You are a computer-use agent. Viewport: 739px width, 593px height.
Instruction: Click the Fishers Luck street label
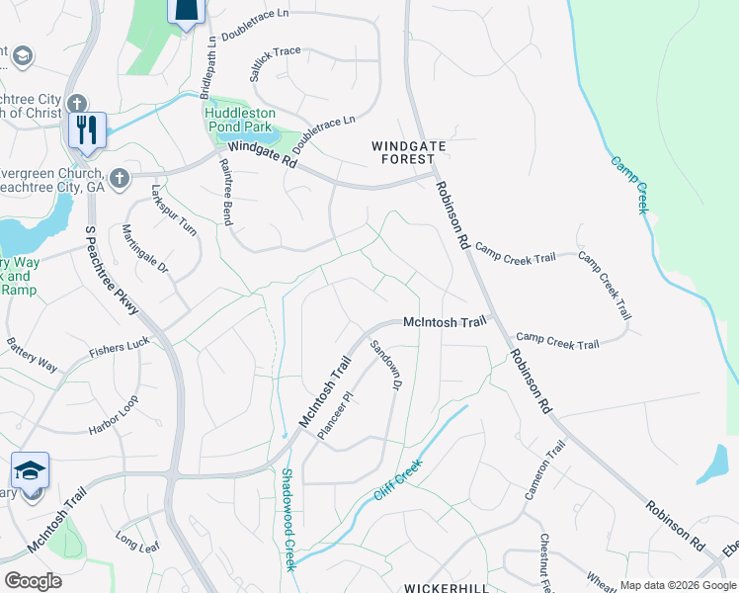tap(120, 346)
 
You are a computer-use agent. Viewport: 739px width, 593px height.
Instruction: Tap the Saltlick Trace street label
tap(275, 51)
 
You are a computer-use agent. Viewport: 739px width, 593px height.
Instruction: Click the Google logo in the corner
tap(34, 580)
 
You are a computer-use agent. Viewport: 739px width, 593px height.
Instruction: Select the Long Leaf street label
tap(136, 541)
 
